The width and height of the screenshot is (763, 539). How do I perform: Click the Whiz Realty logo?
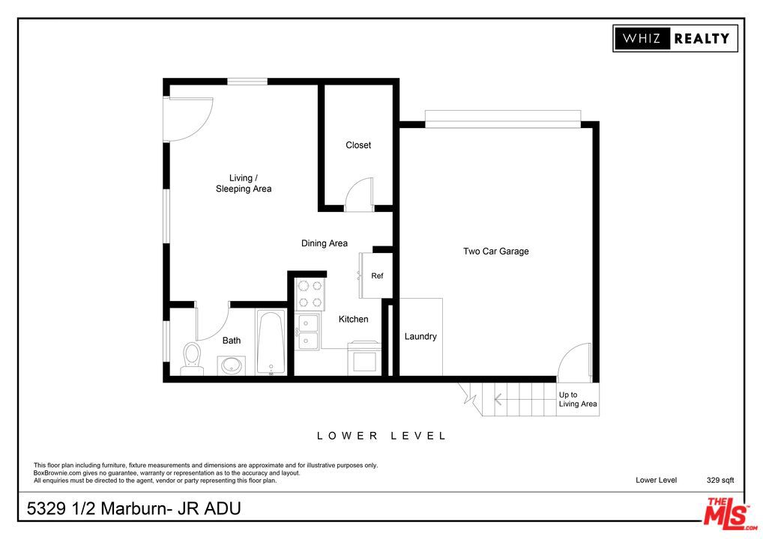point(675,38)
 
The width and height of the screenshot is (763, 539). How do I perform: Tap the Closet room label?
point(358,145)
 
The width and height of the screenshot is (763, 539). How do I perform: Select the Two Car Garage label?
point(495,252)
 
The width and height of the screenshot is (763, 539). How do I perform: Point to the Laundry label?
point(420,337)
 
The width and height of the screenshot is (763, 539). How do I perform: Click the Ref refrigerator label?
point(377,276)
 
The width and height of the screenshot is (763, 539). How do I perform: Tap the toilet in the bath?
point(193,358)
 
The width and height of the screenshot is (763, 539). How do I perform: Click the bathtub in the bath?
point(271,343)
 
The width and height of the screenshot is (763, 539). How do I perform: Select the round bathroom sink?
point(231,366)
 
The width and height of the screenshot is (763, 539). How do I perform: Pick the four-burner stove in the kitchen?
point(309,293)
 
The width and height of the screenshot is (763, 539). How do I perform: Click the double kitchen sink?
point(308,332)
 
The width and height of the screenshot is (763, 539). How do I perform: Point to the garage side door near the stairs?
point(576,362)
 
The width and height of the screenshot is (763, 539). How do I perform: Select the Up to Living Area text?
point(578,400)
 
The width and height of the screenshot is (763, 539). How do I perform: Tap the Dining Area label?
point(325,243)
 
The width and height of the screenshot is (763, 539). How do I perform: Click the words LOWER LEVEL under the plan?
point(381,436)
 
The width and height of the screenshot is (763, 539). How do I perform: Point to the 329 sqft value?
point(720,480)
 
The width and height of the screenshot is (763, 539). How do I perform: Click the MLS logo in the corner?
point(726,513)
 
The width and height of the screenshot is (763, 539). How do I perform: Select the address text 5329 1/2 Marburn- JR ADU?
point(134,509)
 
